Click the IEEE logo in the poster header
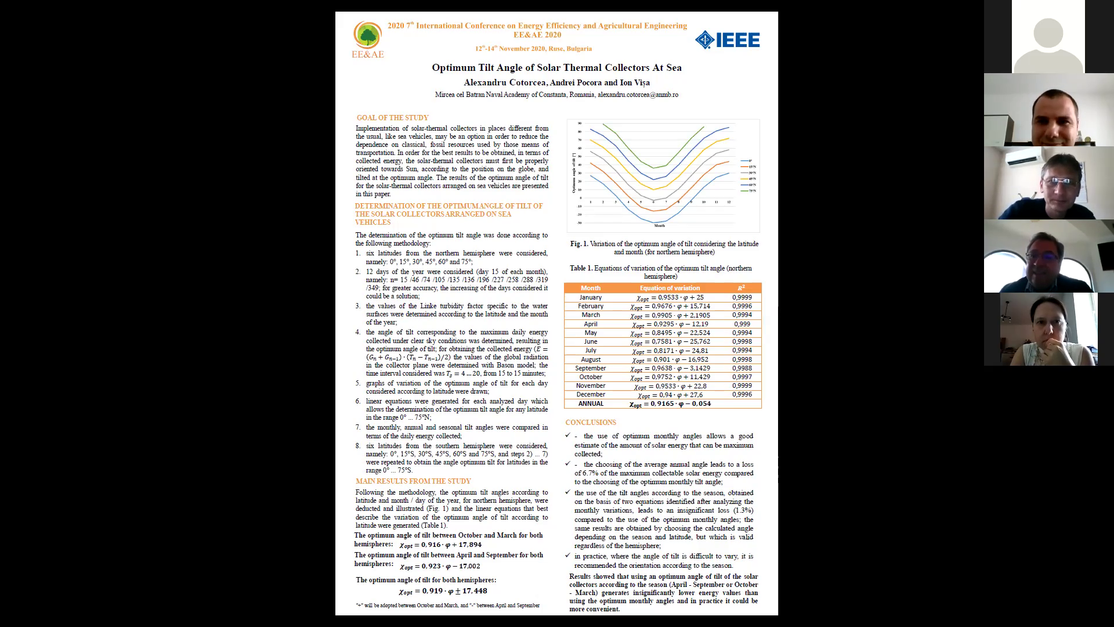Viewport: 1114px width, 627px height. pos(727,39)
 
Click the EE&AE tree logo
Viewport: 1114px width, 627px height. pos(367,36)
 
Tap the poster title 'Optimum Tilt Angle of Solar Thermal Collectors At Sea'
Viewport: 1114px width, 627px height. pos(556,67)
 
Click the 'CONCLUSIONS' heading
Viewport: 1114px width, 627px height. pos(591,423)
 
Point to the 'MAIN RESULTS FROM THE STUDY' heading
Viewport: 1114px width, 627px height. pos(413,481)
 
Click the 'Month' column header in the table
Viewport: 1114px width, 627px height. pos(591,288)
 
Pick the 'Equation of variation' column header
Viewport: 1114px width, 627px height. pos(670,288)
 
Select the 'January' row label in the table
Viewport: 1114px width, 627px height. pos(591,297)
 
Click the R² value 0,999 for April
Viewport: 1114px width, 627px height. pos(742,324)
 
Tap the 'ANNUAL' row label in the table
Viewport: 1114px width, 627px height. pos(591,403)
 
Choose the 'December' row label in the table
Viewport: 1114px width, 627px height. pos(591,395)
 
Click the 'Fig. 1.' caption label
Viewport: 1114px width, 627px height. pos(579,244)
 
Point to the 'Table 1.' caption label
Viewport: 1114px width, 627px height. pos(581,268)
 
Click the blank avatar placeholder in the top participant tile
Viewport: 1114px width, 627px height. pos(1048,41)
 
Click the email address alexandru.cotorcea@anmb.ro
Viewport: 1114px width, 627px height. pos(638,95)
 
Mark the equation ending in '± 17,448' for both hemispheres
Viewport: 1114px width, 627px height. pos(443,591)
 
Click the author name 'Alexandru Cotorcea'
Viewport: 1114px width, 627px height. pos(505,82)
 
